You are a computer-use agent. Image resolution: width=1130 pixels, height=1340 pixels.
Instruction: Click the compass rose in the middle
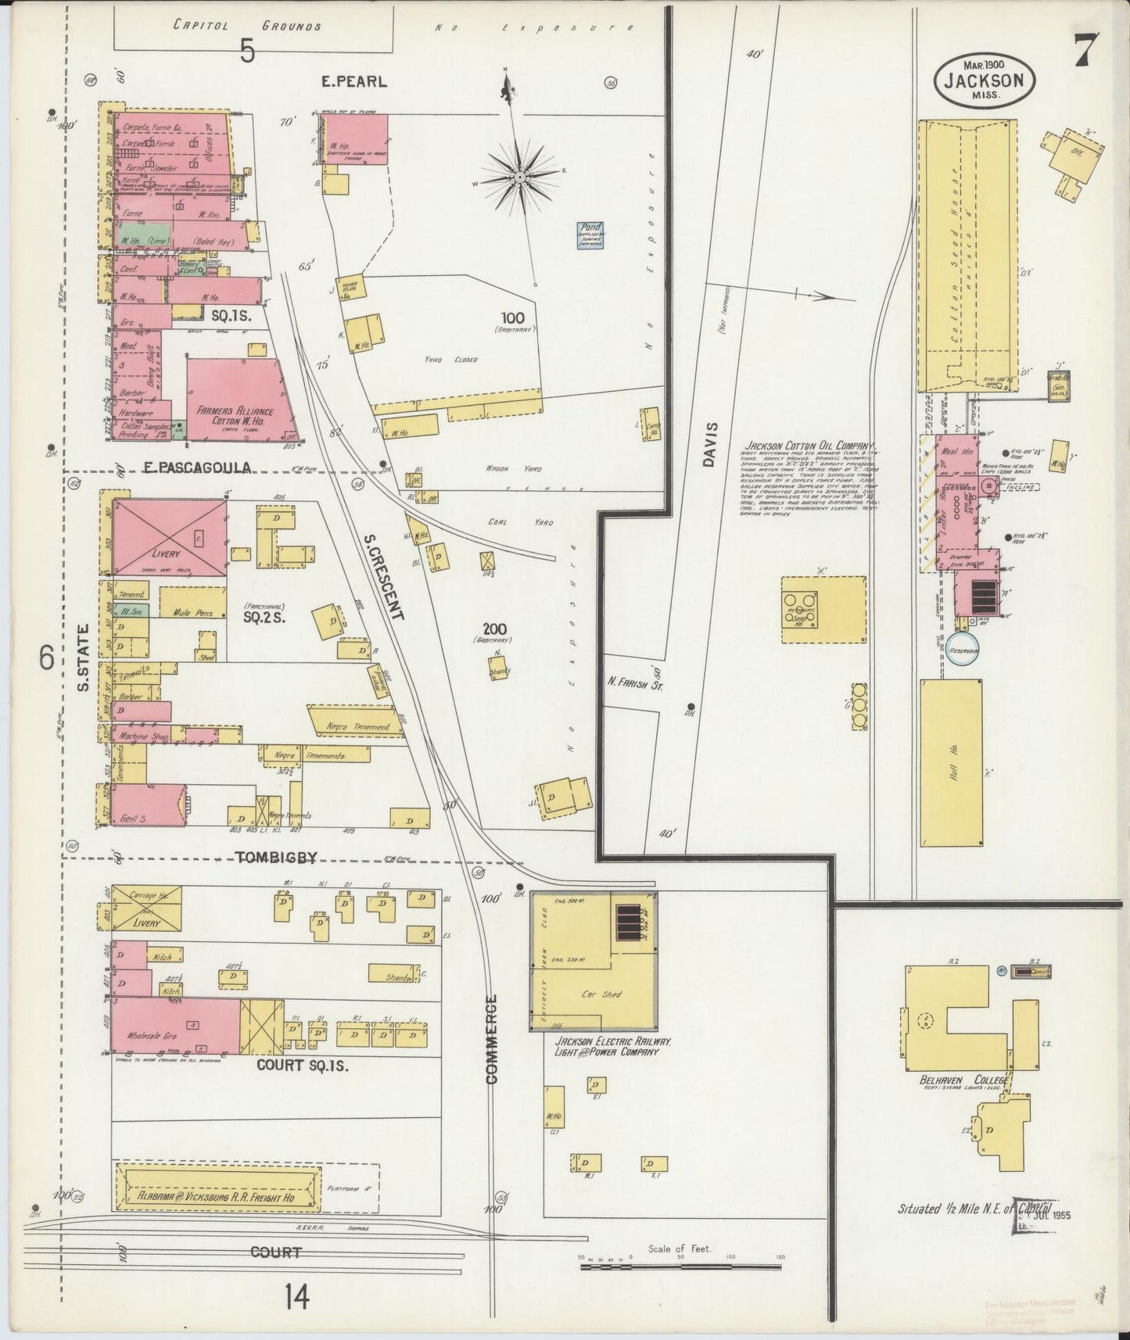pyautogui.click(x=518, y=178)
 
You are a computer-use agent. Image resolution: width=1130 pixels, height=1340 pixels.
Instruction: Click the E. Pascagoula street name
pyautogui.click(x=197, y=468)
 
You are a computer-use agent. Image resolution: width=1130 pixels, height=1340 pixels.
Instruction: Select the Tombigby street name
pyautogui.click(x=275, y=858)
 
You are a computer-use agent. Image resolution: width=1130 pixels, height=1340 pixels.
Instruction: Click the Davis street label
pyautogui.click(x=711, y=446)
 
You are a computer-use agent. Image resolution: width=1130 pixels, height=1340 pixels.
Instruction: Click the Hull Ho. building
pyautogui.click(x=952, y=762)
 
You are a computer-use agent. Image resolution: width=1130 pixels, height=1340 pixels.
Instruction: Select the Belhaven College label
pyautogui.click(x=963, y=1080)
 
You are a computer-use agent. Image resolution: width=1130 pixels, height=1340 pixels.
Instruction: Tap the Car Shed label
pyautogui.click(x=601, y=994)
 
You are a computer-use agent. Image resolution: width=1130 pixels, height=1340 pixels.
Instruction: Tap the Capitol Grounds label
pyautogui.click(x=246, y=26)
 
